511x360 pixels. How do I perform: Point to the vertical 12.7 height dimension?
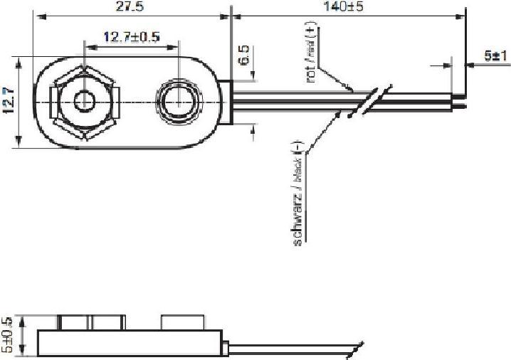pyautogui.click(x=9, y=102)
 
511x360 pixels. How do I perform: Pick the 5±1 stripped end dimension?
pyautogui.click(x=491, y=55)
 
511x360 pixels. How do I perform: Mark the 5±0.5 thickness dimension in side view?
pyautogui.click(x=9, y=334)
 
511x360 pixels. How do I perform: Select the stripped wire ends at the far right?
pyautogui.click(x=459, y=101)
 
